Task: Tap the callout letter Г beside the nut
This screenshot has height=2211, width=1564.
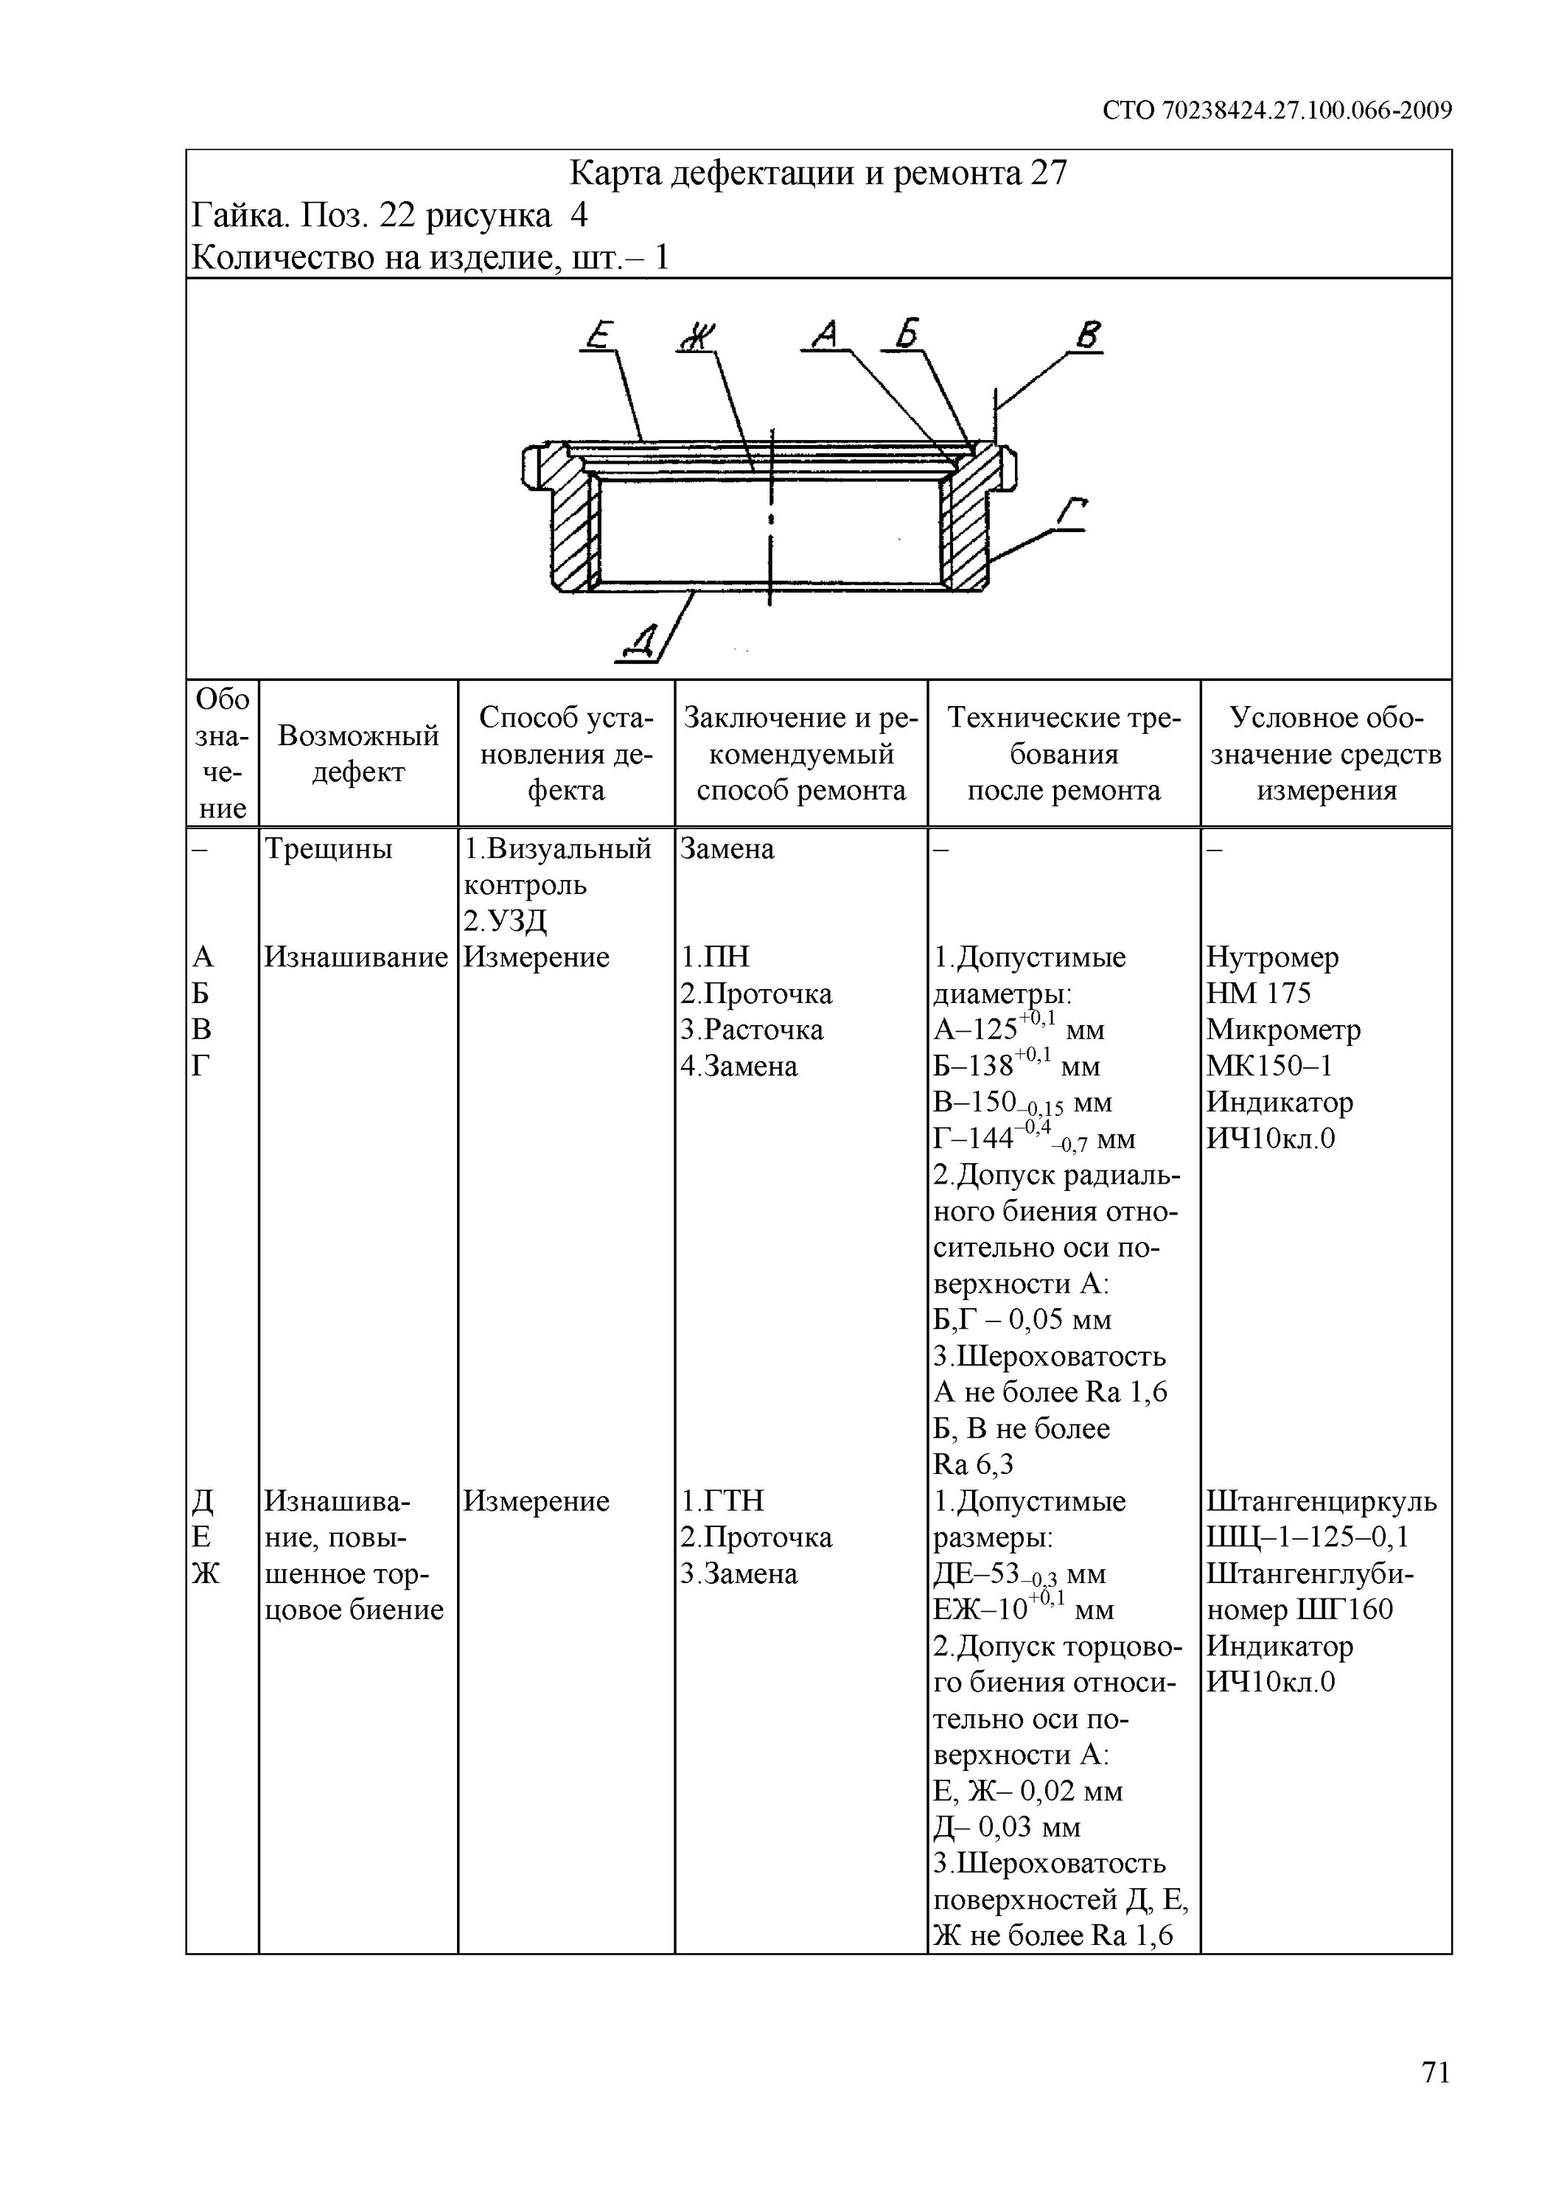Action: pos(1071,514)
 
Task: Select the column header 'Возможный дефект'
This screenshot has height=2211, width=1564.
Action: pos(358,753)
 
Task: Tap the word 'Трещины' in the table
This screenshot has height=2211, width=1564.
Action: pos(329,849)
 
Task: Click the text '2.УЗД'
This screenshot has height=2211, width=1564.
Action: pos(505,921)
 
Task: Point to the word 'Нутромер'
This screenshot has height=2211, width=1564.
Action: pos(1272,957)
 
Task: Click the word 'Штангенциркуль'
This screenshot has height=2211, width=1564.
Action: pos(1322,1501)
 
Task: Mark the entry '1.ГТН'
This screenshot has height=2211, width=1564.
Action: pos(722,1501)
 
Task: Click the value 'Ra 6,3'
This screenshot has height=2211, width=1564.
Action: pos(974,1464)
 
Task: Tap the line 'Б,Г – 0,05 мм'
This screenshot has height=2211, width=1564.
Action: pos(1023,1319)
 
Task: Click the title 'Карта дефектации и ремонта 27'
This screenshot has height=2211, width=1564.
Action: pos(819,173)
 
